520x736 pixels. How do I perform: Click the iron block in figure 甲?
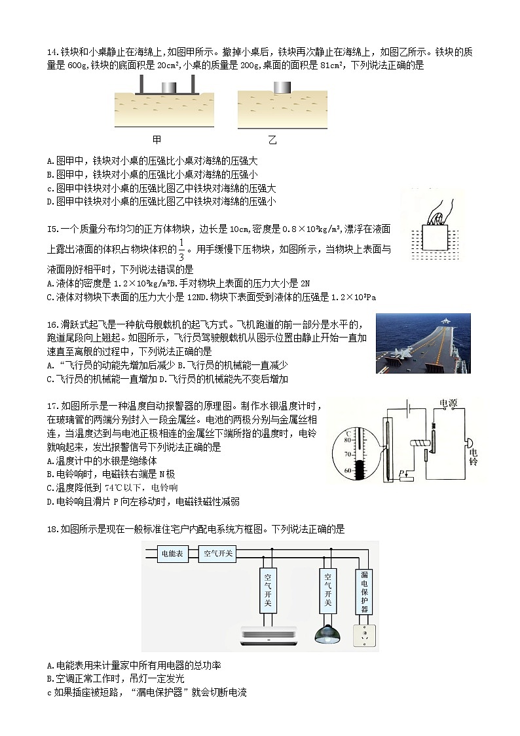point(167,87)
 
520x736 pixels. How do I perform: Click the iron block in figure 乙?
point(282,87)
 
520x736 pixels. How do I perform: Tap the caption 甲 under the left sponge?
point(157,140)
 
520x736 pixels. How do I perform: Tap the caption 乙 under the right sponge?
point(272,140)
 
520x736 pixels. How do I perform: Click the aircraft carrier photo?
point(422,343)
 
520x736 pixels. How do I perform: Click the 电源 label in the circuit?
point(449,404)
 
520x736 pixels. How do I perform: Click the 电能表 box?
point(175,554)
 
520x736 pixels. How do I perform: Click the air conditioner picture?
point(268,634)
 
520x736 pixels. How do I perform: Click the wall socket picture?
point(365,635)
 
